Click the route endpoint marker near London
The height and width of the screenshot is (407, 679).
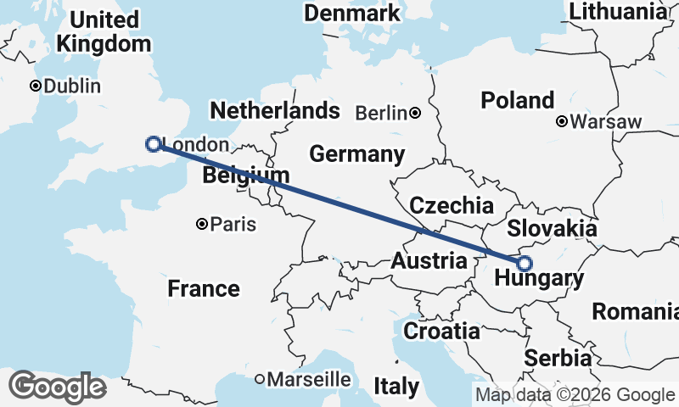pyautogui.click(x=153, y=143)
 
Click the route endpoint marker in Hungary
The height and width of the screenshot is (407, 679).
pyautogui.click(x=525, y=263)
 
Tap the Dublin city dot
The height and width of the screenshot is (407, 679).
pyautogui.click(x=35, y=86)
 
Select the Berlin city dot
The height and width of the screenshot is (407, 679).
pyautogui.click(x=415, y=113)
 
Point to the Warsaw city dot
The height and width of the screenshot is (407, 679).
pyautogui.click(x=561, y=122)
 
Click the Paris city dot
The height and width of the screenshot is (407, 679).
pyautogui.click(x=202, y=225)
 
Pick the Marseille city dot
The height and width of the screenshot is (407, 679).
pyautogui.click(x=260, y=379)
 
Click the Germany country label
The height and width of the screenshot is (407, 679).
pyautogui.click(x=356, y=154)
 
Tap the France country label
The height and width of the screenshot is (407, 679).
pyautogui.click(x=204, y=288)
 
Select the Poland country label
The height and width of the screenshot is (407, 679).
pyautogui.click(x=518, y=100)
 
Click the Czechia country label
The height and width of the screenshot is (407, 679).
pyautogui.click(x=452, y=205)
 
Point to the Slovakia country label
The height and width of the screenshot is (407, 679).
pyautogui.click(x=552, y=229)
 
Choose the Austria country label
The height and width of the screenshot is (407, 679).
pyautogui.click(x=429, y=261)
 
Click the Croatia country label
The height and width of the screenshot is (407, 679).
pyautogui.click(x=441, y=331)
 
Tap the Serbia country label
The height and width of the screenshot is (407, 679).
pyautogui.click(x=558, y=358)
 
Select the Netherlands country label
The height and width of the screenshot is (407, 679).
pyautogui.click(x=275, y=111)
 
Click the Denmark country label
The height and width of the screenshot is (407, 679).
pyautogui.click(x=352, y=14)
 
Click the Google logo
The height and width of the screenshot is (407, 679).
pyautogui.click(x=57, y=387)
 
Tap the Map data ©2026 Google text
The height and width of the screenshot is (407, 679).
pyautogui.click(x=575, y=394)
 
